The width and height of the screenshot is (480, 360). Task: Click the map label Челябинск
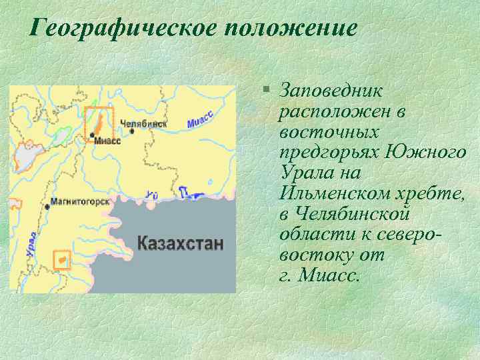pos(143,123)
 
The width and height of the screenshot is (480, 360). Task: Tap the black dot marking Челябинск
pos(132,132)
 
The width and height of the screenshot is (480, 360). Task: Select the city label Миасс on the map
pos(107,141)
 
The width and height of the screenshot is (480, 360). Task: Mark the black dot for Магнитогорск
pos(47,207)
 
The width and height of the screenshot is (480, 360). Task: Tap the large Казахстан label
pos(180,243)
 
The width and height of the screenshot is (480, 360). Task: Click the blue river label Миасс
pos(199,121)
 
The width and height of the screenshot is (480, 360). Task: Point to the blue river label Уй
pos(152,195)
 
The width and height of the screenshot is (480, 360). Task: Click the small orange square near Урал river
pos(61,257)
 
